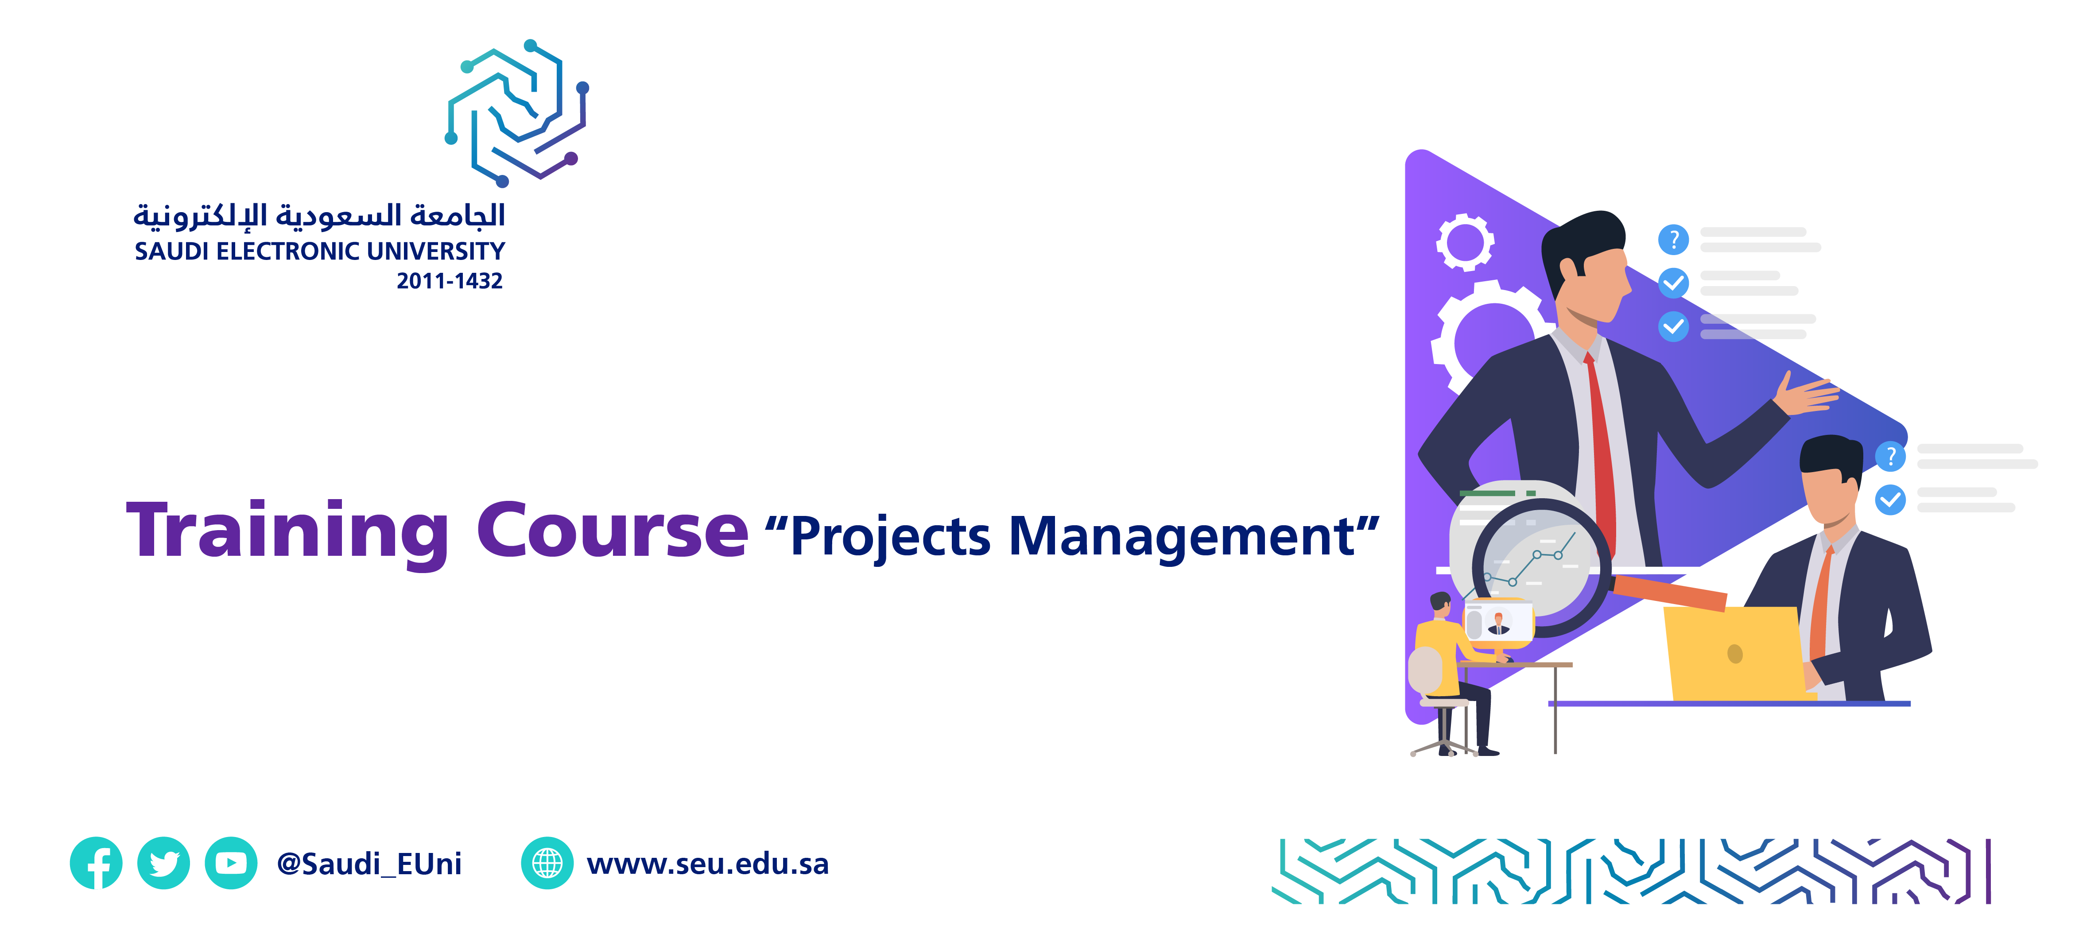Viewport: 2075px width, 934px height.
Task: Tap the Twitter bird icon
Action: [163, 863]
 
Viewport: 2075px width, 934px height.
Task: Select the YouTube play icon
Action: [231, 863]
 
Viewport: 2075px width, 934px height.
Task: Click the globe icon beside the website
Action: [548, 863]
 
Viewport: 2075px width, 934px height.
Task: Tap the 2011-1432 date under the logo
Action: [450, 281]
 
